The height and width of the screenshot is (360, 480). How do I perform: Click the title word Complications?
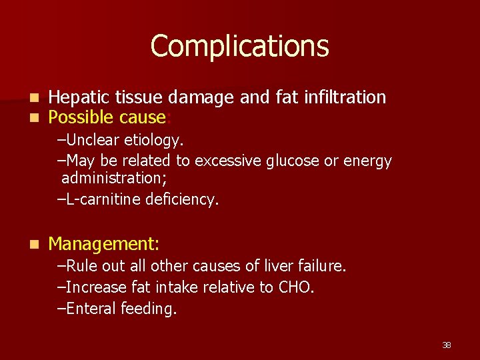click(x=239, y=47)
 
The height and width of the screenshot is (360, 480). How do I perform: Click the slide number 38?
click(x=446, y=345)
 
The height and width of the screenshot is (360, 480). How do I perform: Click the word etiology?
click(x=155, y=141)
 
